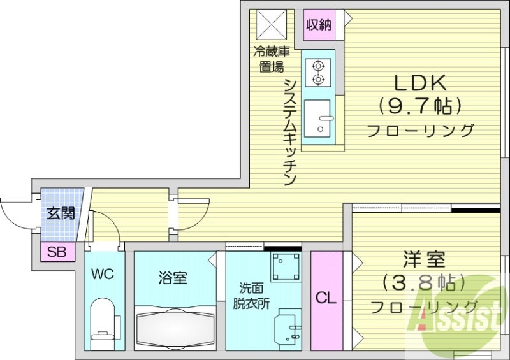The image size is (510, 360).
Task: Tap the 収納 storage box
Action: pyautogui.click(x=319, y=25)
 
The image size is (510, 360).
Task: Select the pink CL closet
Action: pyautogui.click(x=326, y=298)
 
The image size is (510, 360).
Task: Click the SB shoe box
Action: pyautogui.click(x=57, y=252)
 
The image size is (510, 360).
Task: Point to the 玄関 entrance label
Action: pyautogui.click(x=62, y=213)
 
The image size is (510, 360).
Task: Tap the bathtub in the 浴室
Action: pyautogui.click(x=174, y=326)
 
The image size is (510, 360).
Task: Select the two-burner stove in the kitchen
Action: pyautogui.click(x=317, y=72)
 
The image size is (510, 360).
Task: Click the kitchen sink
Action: pyautogui.click(x=317, y=118)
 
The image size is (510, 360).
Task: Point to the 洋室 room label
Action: pyautogui.click(x=423, y=259)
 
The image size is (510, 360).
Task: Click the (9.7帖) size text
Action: pyautogui.click(x=420, y=105)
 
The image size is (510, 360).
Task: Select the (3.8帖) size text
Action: pyautogui.click(x=424, y=282)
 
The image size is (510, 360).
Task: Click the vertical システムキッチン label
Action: pyautogui.click(x=289, y=131)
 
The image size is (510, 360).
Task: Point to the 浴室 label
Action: pyautogui.click(x=173, y=278)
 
